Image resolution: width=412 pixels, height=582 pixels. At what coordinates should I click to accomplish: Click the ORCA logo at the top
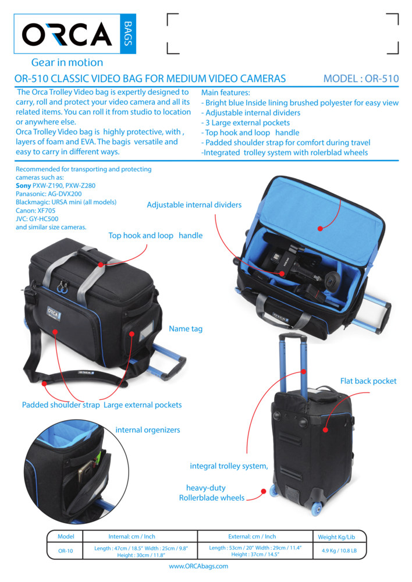pyautogui.click(x=76, y=33)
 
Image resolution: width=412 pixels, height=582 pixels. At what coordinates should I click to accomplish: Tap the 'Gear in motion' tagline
pyautogui.click(x=67, y=62)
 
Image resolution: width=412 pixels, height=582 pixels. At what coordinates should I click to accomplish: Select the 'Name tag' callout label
pyautogui.click(x=186, y=329)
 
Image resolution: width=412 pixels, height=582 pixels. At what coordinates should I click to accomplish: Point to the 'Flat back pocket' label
pyautogui.click(x=368, y=381)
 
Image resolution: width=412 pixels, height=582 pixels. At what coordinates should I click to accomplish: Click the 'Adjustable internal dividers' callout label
pyautogui.click(x=194, y=205)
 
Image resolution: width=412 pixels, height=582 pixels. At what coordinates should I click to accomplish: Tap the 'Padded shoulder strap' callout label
pyautogui.click(x=61, y=404)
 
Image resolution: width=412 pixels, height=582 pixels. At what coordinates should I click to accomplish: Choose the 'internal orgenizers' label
pyautogui.click(x=148, y=430)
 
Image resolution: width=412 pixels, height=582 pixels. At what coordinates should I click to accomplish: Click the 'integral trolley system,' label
pyautogui.click(x=229, y=466)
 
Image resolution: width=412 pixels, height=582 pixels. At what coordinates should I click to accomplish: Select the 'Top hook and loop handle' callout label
pyautogui.click(x=155, y=236)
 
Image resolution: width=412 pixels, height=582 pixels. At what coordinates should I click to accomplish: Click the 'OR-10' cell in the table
pyautogui.click(x=65, y=551)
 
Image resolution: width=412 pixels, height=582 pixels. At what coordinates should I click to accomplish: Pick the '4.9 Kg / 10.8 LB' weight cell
pyautogui.click(x=339, y=551)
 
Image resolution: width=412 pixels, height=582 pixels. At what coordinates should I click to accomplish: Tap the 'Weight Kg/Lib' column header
pyautogui.click(x=336, y=537)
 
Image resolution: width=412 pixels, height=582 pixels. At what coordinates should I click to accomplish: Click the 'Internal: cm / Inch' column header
pyautogui.click(x=132, y=536)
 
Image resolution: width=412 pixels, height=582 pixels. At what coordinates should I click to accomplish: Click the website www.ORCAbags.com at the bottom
pyautogui.click(x=198, y=566)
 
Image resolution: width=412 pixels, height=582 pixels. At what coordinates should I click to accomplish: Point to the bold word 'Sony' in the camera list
pyautogui.click(x=23, y=185)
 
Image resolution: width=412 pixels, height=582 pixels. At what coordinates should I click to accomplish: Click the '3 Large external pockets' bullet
pyautogui.click(x=247, y=122)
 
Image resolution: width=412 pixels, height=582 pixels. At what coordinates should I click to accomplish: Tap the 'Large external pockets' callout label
pyautogui.click(x=143, y=404)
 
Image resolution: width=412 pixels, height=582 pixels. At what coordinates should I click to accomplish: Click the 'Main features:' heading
pyautogui.click(x=225, y=93)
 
